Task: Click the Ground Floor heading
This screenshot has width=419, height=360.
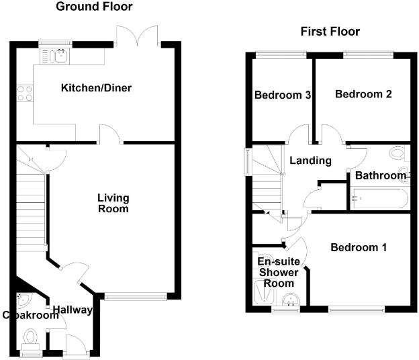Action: tap(94, 7)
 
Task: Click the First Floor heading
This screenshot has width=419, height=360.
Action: tap(329, 32)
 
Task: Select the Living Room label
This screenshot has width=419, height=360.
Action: tap(113, 203)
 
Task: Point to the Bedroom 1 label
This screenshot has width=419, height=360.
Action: tap(359, 248)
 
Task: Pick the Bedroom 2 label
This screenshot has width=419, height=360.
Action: tap(363, 95)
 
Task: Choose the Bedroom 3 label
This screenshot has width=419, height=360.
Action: tap(282, 95)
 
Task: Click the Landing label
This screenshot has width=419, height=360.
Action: tap(310, 161)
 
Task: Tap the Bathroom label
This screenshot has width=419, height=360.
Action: tap(381, 176)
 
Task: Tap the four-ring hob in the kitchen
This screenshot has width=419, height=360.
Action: tap(25, 93)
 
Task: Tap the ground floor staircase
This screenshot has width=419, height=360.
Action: tap(30, 208)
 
